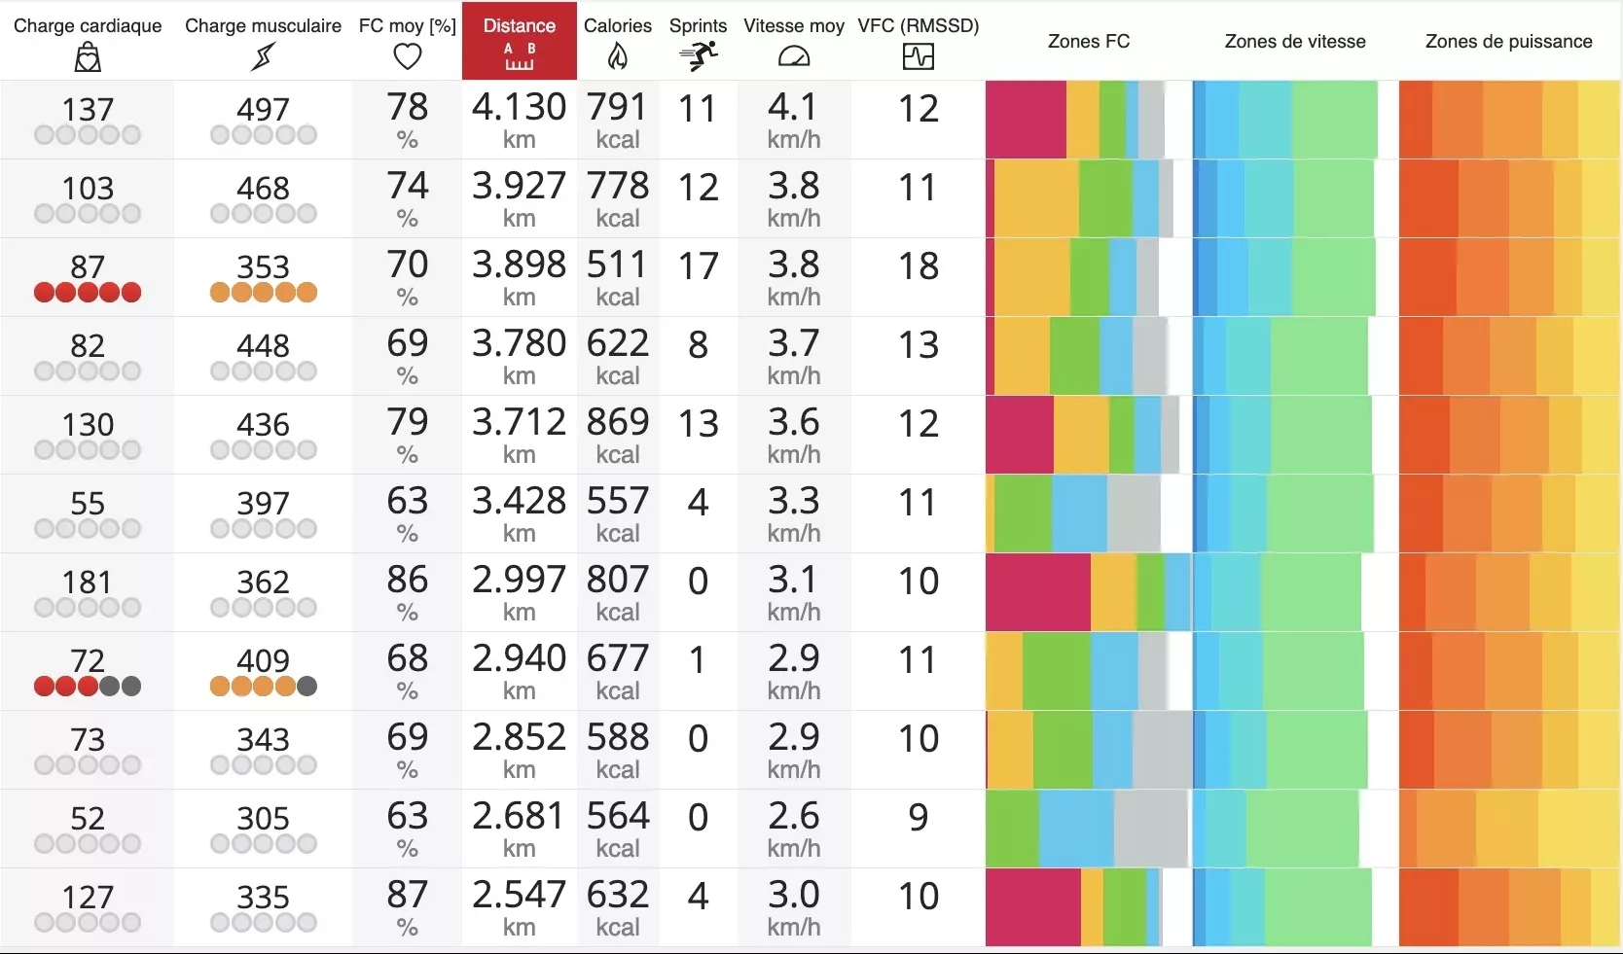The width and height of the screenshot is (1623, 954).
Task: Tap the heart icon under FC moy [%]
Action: (407, 57)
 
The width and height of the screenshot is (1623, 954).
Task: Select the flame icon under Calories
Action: (618, 57)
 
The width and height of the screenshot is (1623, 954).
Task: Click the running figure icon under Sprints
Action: (698, 56)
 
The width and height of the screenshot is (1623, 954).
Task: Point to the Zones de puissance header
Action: (1508, 41)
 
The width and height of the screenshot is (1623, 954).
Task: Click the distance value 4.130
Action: (519, 107)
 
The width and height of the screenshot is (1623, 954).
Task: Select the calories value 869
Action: (618, 422)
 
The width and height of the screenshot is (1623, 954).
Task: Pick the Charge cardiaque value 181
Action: (88, 582)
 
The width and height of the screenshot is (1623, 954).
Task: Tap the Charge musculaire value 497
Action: (263, 109)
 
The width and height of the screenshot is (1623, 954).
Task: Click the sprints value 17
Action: (698, 266)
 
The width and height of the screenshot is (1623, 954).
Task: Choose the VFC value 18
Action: (918, 266)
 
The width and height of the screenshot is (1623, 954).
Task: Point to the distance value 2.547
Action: (519, 895)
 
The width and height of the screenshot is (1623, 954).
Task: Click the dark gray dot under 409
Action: (307, 687)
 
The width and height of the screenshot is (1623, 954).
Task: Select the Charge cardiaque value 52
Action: (88, 818)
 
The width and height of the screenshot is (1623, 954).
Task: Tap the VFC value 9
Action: (918, 818)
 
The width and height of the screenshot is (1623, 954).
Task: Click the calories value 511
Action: (618, 265)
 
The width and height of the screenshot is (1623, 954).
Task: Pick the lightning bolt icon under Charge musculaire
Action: (263, 57)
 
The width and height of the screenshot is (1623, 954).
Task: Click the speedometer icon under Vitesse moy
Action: (794, 57)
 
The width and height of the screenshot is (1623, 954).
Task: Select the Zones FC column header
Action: (1088, 41)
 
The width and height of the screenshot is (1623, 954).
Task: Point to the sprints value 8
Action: (698, 345)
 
